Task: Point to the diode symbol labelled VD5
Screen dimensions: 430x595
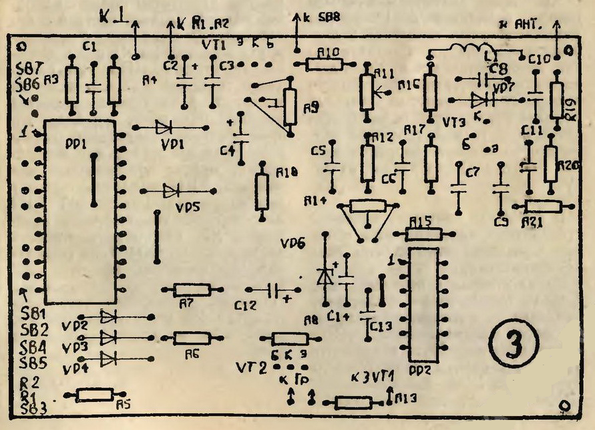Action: coord(171,191)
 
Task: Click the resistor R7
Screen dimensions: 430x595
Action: coord(191,290)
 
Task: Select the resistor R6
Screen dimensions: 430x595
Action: coord(191,338)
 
